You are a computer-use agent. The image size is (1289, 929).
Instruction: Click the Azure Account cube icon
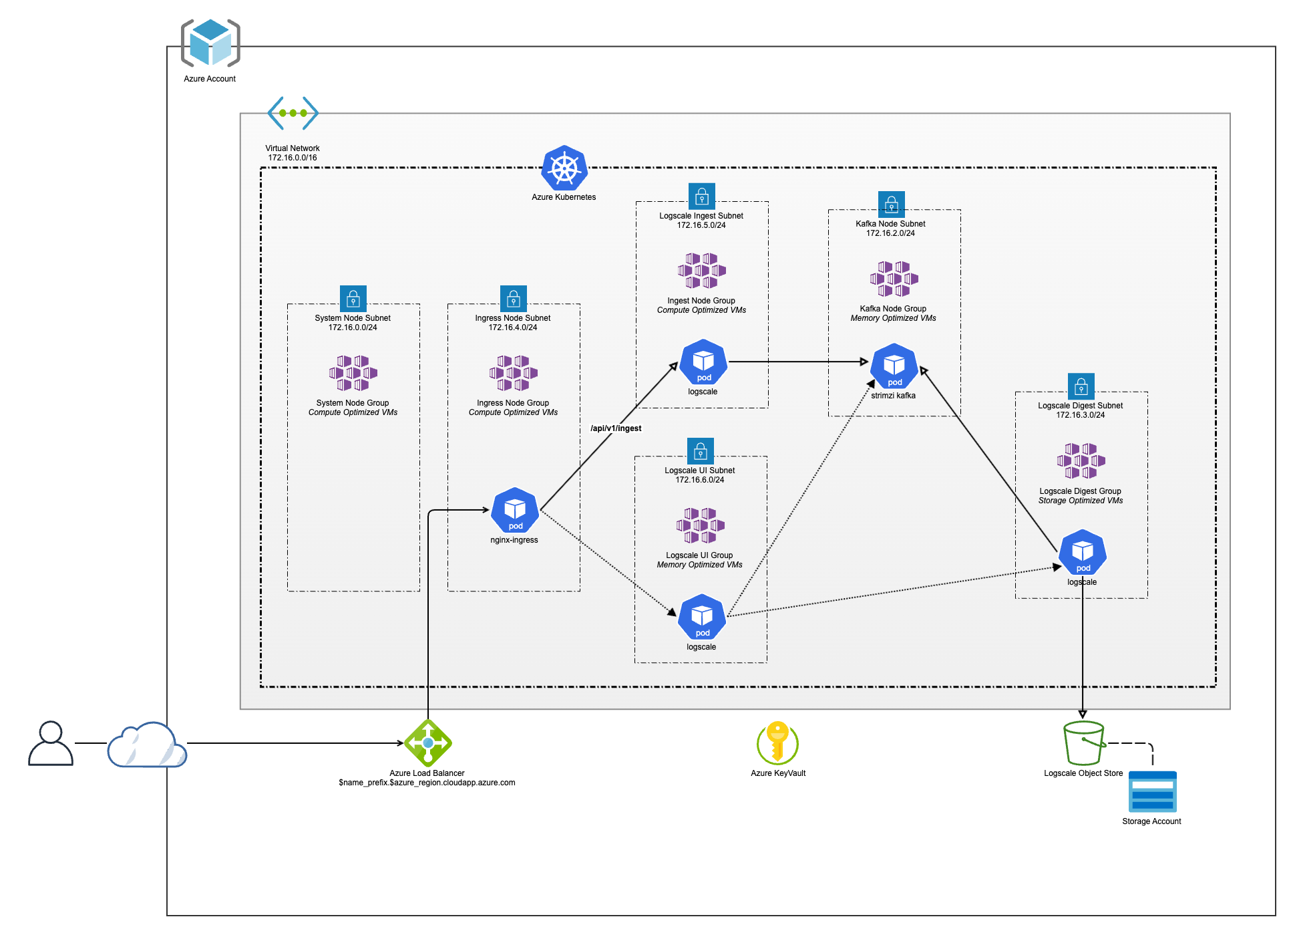210,43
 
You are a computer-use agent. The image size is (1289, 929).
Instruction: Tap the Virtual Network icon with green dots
293,113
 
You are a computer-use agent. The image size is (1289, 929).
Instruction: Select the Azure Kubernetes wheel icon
564,168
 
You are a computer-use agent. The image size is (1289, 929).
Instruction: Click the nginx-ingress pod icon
515,511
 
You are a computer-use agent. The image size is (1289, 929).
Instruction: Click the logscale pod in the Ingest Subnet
703,362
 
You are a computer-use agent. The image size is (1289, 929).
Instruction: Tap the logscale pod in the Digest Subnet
1083,552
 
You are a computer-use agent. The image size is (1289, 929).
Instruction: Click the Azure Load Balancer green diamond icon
428,743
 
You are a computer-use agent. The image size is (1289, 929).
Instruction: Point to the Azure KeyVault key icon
778,743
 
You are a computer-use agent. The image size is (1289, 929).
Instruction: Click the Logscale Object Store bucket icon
1083,743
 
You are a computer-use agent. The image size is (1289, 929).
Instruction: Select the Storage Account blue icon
1152,792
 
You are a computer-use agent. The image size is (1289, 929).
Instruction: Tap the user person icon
51,743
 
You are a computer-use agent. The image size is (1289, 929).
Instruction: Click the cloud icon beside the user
147,745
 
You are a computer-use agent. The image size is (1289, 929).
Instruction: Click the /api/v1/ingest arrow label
616,428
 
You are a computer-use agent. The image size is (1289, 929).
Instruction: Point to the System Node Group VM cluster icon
353,373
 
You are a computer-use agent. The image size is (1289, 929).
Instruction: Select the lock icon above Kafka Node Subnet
891,204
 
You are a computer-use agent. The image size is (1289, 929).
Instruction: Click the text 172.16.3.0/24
1080,415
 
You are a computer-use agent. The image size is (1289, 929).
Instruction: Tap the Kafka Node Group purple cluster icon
894,279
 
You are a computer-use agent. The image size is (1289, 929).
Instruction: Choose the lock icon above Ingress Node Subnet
513,298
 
